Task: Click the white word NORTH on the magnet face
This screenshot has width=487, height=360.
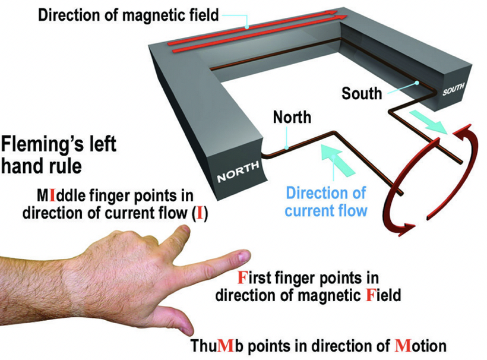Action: tap(238, 172)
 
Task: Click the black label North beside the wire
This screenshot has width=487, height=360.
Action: tap(292, 117)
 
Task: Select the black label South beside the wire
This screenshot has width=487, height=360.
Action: tap(362, 93)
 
